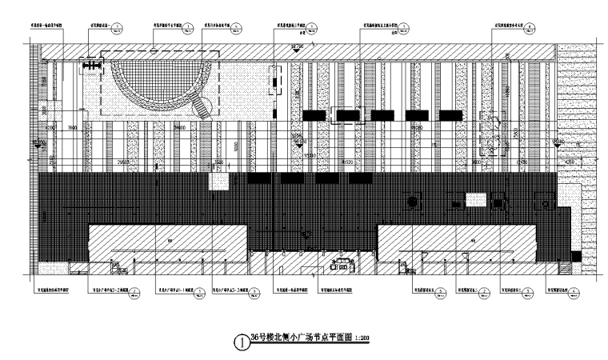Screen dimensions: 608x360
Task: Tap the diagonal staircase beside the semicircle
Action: coord(207,106)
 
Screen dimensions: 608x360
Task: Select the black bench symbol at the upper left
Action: coord(92,65)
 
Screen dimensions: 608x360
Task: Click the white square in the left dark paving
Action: coord(218,182)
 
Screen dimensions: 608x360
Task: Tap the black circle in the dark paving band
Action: coord(414,202)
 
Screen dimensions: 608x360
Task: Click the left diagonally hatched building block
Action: coord(167,243)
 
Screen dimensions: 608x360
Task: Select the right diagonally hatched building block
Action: coord(456,243)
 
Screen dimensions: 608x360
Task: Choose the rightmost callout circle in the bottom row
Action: coord(570,293)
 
